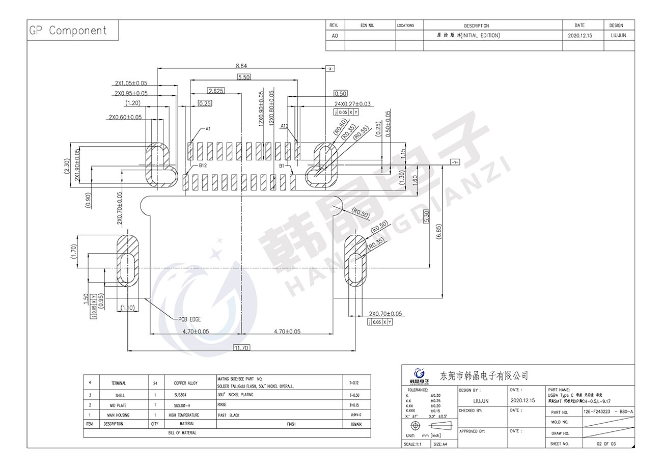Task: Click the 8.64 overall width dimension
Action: click(x=241, y=66)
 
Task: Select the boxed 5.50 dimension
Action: click(x=244, y=77)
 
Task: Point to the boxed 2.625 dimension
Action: click(x=216, y=91)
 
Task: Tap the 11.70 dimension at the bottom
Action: click(x=241, y=348)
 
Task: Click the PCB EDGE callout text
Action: click(x=189, y=319)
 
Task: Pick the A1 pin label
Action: click(x=208, y=129)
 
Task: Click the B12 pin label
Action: click(x=202, y=165)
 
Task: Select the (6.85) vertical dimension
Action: click(x=439, y=232)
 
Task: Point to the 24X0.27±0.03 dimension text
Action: click(x=352, y=104)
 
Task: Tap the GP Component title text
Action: click(x=68, y=31)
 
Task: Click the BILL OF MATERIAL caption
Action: click(x=182, y=433)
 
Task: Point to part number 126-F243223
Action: click(x=597, y=411)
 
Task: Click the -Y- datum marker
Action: click(x=455, y=162)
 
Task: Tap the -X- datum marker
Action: click(x=330, y=68)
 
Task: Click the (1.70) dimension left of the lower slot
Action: click(x=74, y=251)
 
